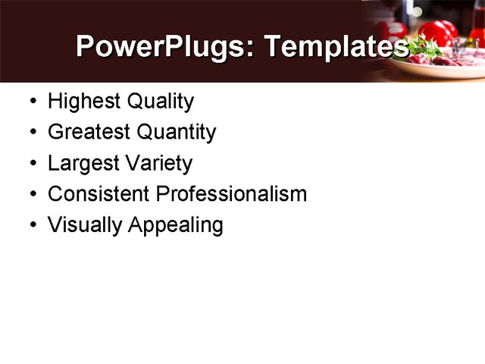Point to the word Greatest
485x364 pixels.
coord(86,133)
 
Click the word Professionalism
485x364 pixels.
coord(230,194)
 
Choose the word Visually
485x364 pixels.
coord(83,225)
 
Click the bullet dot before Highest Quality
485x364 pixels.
coord(30,102)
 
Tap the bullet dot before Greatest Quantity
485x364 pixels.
coord(30,133)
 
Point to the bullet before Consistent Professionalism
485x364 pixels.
coord(30,195)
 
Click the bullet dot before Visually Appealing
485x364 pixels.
coord(30,226)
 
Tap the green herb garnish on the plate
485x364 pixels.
coord(427,47)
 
